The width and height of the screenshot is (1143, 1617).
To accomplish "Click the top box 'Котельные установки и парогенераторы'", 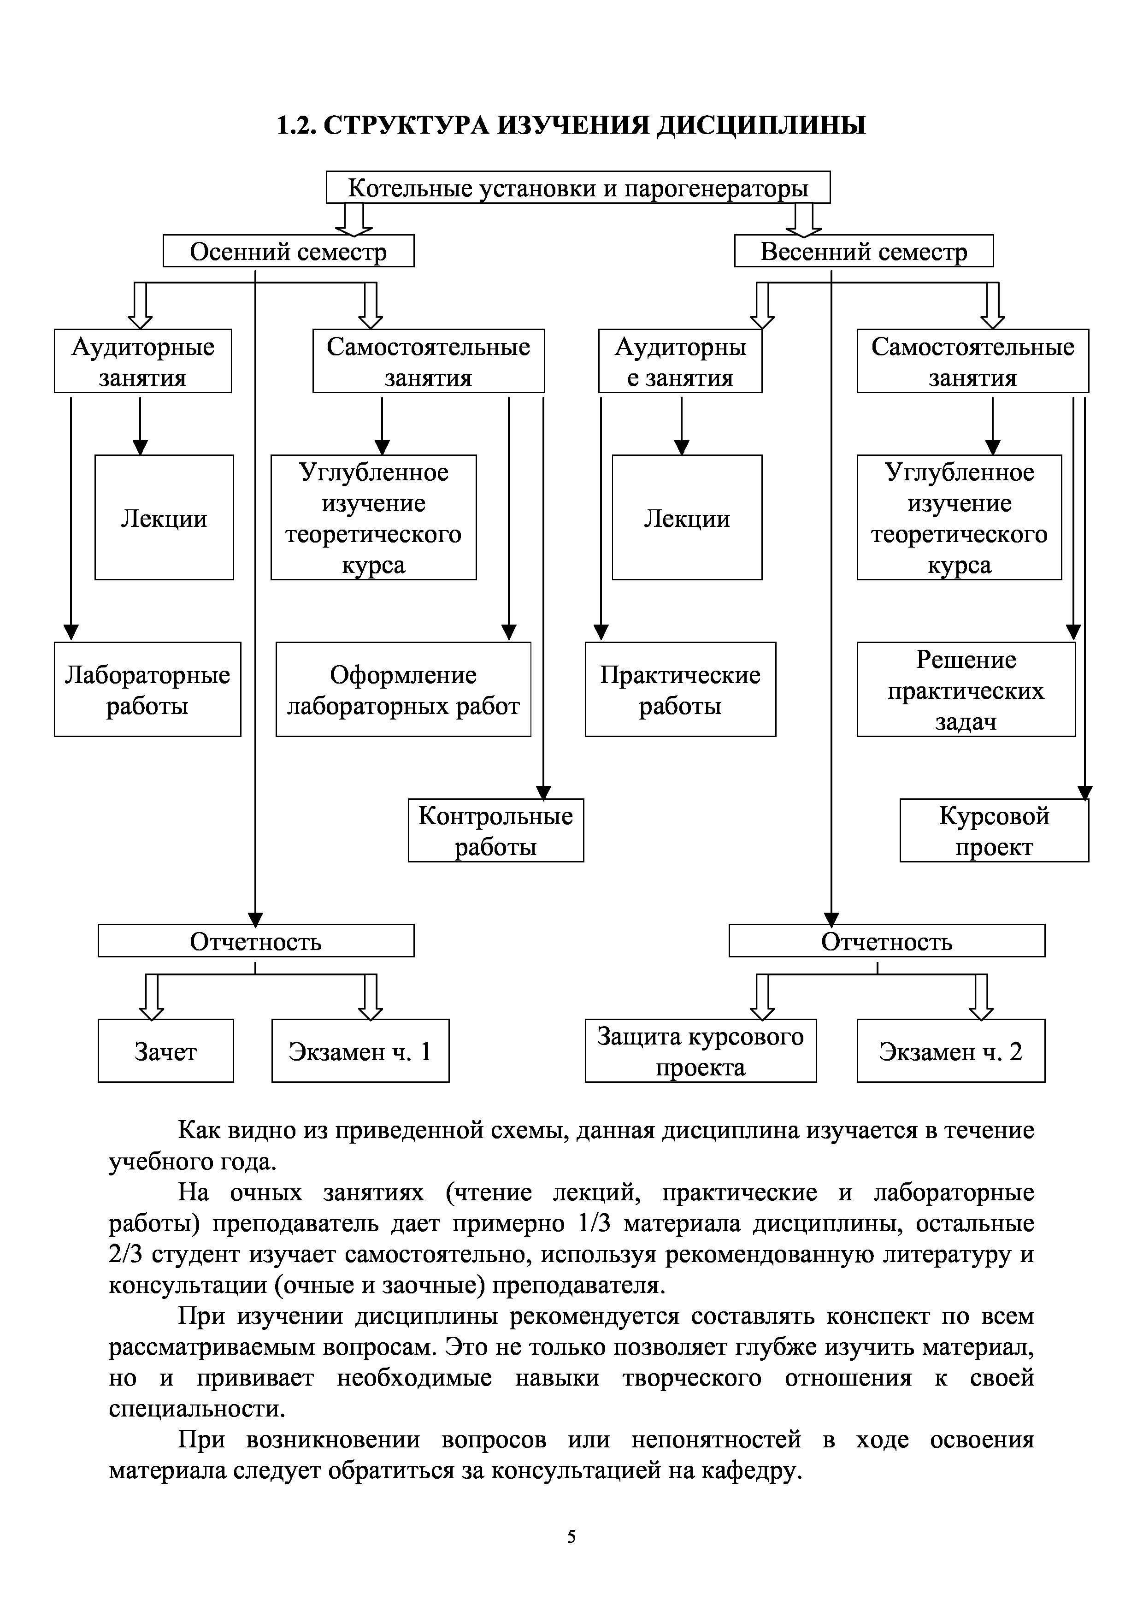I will (x=577, y=187).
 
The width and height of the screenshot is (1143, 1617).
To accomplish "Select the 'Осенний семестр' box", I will (x=288, y=251).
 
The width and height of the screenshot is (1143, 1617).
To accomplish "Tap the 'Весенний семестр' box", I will (x=863, y=251).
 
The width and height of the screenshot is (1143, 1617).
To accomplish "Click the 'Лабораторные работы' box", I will (x=147, y=690).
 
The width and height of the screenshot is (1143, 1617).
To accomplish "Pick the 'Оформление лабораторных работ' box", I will (x=403, y=690).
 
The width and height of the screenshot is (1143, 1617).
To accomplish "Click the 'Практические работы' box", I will (x=680, y=690).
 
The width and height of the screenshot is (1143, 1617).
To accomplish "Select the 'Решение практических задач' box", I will (x=966, y=690).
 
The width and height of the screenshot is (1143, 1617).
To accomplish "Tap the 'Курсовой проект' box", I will (x=994, y=830).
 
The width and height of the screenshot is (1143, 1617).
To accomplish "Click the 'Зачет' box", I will (x=165, y=1051).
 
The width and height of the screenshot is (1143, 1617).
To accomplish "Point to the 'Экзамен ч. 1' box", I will (x=360, y=1051).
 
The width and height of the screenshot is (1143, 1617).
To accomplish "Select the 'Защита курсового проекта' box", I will (x=700, y=1051).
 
